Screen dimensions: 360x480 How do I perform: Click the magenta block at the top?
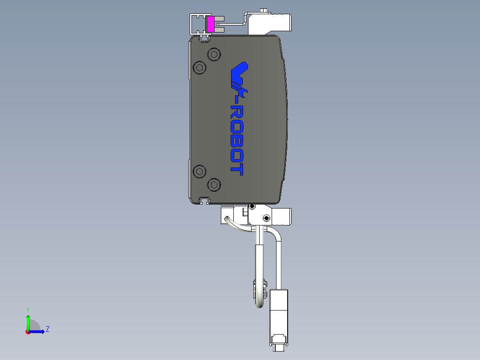pos(211,24)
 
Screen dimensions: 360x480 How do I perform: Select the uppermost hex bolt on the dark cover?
pos(215,55)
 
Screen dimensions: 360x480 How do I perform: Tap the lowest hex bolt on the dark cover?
pos(215,184)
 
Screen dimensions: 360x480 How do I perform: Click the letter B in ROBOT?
pos(236,142)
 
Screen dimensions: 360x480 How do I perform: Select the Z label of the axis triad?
pos(47,329)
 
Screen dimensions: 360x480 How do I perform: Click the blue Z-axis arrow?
pos(37,331)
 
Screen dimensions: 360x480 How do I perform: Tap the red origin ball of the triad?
pos(28,331)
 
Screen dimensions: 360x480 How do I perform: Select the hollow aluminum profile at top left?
pos(197,24)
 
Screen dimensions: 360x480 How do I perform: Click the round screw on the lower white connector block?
pos(266,218)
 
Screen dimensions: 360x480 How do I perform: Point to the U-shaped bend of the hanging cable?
pos(260,305)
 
